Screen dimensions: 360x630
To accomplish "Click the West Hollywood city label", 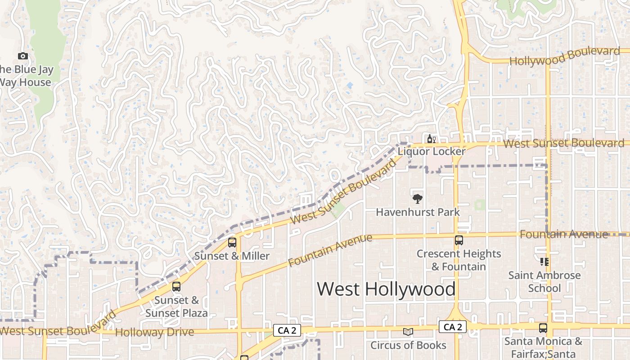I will click(386, 289).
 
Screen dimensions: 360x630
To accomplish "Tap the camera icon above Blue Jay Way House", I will click(23, 56).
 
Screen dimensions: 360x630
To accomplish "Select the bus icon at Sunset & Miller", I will click(232, 243).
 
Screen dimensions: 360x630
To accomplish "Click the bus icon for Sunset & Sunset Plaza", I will click(176, 286).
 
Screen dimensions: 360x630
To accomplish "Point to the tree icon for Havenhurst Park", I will click(418, 198).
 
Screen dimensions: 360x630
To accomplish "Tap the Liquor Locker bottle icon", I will click(431, 139).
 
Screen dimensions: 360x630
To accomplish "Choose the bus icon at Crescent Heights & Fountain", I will click(459, 240).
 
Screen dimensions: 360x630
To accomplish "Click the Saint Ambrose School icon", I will click(544, 261).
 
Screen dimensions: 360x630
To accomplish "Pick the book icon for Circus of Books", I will click(408, 332).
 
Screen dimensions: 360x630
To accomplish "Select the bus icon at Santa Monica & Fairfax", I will click(543, 328).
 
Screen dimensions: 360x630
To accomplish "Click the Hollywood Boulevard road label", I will click(564, 56).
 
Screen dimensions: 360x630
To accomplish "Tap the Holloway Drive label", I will click(154, 333).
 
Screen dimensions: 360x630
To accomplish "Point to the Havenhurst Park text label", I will click(418, 212).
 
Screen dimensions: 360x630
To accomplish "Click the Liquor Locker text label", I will click(431, 152).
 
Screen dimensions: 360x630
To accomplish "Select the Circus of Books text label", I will click(408, 345).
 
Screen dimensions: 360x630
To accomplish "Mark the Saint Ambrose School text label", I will click(544, 281).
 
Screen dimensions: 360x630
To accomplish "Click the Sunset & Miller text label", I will click(232, 256).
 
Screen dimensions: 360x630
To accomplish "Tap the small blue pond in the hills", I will click(350, 85).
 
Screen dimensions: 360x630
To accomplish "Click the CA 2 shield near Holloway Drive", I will click(287, 331).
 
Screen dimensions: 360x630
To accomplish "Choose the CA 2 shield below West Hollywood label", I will click(453, 327).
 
